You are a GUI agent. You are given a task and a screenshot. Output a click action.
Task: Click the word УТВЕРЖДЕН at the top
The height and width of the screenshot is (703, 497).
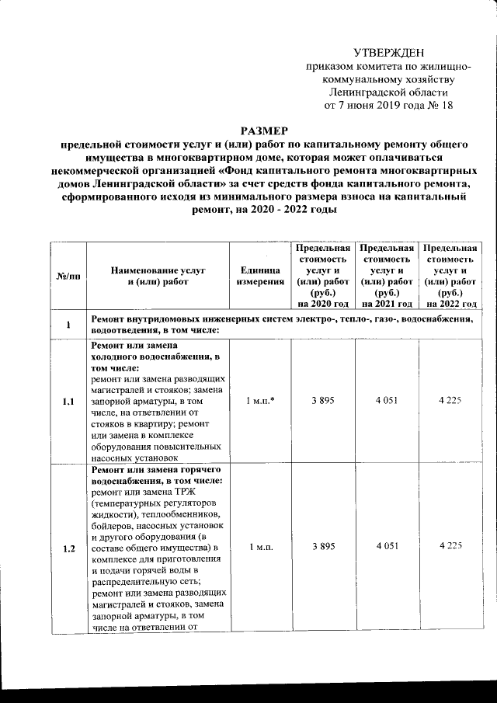pos(388,53)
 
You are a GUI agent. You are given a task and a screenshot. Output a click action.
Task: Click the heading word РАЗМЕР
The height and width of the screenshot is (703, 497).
pos(264,131)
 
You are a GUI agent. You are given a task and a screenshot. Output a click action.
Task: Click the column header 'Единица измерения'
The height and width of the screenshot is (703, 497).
pos(259,277)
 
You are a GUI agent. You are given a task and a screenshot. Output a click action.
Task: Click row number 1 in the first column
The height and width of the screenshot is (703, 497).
pos(69,325)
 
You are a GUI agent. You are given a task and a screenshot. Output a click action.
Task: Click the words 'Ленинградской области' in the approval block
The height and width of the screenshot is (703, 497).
pos(388,92)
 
